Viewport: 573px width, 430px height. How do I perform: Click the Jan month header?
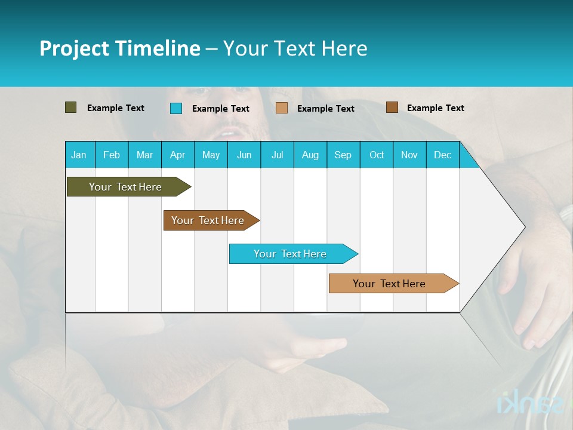click(x=79, y=155)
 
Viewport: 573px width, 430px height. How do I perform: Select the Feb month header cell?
click(x=112, y=155)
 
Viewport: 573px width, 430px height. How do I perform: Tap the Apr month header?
click(x=177, y=155)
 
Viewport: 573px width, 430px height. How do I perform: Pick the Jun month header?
click(x=244, y=155)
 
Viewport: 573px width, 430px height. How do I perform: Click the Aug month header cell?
click(x=310, y=155)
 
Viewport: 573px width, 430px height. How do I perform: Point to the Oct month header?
click(x=377, y=155)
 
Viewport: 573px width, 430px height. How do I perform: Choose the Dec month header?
click(x=442, y=155)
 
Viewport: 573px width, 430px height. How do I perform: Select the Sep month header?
click(x=343, y=155)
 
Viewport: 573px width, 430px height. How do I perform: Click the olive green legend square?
click(x=71, y=107)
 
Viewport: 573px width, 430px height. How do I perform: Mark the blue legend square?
click(x=176, y=108)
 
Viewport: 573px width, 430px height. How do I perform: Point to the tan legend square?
click(x=282, y=108)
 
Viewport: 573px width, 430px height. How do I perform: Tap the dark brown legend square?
click(x=392, y=107)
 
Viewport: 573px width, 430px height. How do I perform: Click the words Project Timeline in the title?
click(x=120, y=48)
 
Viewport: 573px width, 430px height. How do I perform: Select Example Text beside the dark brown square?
click(x=435, y=108)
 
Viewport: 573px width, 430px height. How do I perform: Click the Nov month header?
click(x=409, y=155)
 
